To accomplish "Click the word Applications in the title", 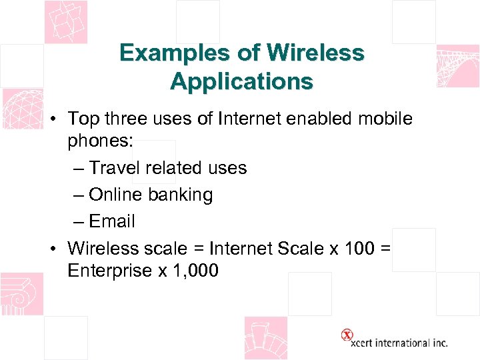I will pyautogui.click(x=241, y=81).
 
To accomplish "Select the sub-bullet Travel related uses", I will pyautogui.click(x=167, y=168).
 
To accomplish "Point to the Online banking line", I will pyautogui.click(x=151, y=195).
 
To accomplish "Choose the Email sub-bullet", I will pyautogui.click(x=111, y=221).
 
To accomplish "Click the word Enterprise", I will pyautogui.click(x=111, y=271).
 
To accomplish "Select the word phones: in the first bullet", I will pyautogui.click(x=99, y=141).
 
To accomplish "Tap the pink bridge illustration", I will pyautogui.click(x=457, y=67).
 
